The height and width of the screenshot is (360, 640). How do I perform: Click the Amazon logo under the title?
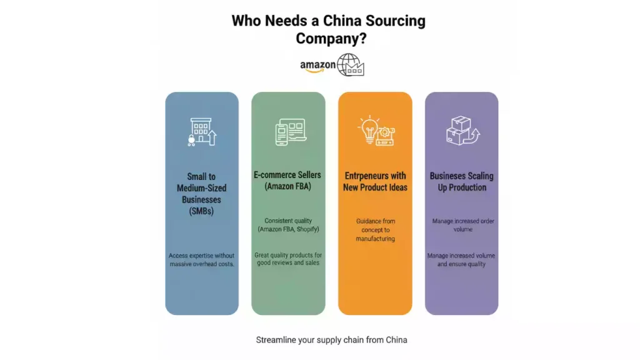[x=317, y=66]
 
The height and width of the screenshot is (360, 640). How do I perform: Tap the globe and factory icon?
[x=350, y=65]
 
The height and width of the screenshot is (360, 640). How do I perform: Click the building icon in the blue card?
[x=202, y=132]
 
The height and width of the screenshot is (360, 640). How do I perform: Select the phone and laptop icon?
[x=291, y=132]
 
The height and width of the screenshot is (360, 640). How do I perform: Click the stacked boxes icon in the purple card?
[x=462, y=131]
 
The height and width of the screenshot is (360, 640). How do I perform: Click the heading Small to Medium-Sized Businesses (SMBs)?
[x=202, y=194]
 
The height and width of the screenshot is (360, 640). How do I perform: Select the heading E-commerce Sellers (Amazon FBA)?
[x=287, y=181]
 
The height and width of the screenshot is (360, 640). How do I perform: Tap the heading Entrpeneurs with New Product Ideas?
[x=375, y=182]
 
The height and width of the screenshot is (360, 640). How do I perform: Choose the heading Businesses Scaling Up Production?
[x=462, y=182]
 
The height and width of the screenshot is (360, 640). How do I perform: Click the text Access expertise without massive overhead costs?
[x=202, y=259]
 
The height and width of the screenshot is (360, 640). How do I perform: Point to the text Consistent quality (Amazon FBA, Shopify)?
[x=288, y=225]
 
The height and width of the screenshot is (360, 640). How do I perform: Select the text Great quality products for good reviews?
[x=288, y=259]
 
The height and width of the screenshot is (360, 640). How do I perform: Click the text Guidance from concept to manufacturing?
[x=376, y=230]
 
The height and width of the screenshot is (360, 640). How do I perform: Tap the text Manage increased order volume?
[x=463, y=225]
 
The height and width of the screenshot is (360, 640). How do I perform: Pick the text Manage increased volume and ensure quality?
[x=461, y=259]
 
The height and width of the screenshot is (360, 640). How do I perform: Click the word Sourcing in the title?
[x=396, y=21]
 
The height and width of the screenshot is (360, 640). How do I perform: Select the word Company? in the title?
[x=331, y=38]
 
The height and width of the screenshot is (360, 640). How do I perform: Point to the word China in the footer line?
[x=396, y=339]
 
